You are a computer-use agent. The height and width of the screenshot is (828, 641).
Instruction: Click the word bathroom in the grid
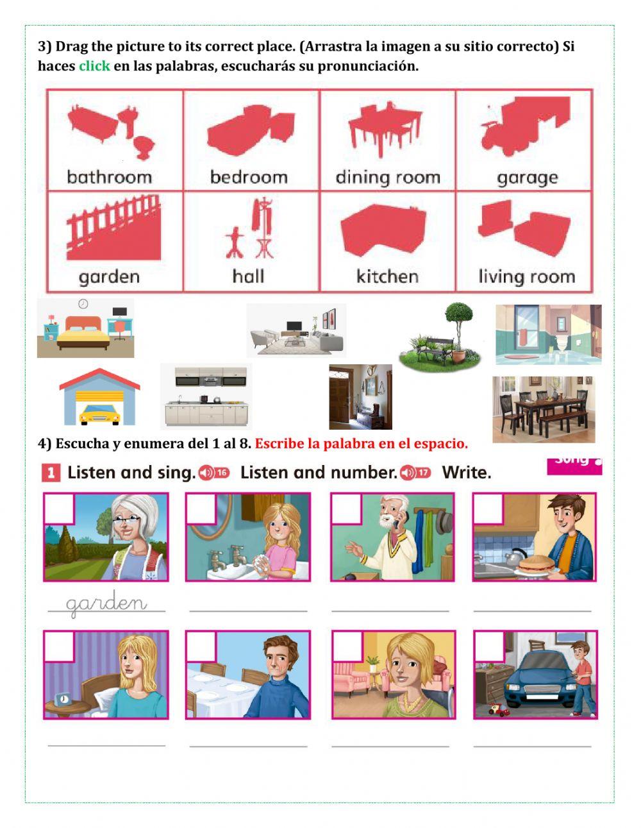(109, 177)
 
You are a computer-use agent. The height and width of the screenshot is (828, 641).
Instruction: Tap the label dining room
(388, 177)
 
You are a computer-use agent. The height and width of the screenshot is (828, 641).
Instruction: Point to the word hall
(248, 276)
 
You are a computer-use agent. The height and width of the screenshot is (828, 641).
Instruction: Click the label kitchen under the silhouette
(387, 276)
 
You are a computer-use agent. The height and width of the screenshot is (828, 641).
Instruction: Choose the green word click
(94, 66)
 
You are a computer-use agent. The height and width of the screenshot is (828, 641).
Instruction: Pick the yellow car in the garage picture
(99, 414)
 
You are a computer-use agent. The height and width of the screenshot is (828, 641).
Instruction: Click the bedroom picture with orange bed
(85, 328)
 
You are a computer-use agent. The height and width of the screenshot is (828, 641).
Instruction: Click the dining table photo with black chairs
(544, 409)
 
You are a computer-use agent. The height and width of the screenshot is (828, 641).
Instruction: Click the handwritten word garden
(106, 604)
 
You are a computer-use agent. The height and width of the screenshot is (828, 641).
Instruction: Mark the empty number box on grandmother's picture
(59, 508)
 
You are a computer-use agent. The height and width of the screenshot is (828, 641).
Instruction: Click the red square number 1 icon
(51, 473)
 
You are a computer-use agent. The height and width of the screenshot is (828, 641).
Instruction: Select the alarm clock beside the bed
(63, 698)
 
